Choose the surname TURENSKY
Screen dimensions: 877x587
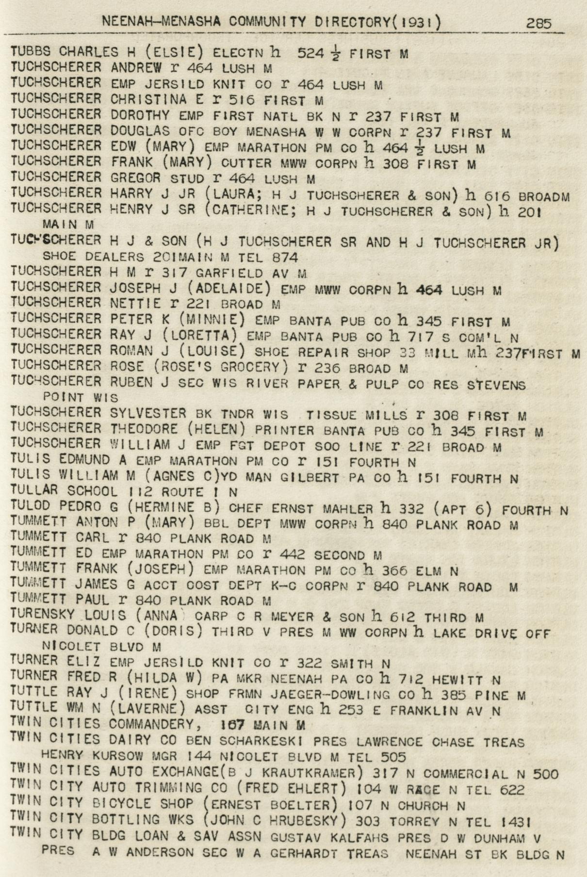[x=42, y=616]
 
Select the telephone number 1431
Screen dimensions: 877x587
[x=515, y=821]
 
